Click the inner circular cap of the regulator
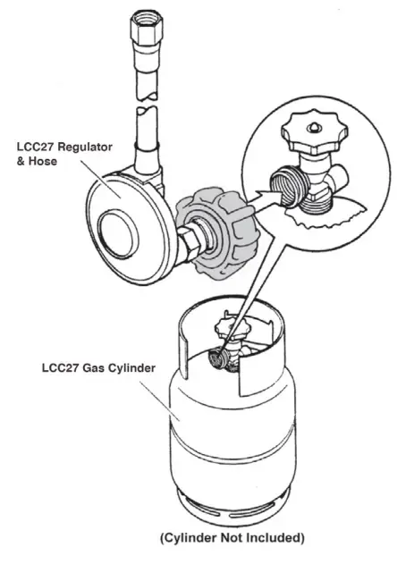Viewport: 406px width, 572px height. point(115,231)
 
